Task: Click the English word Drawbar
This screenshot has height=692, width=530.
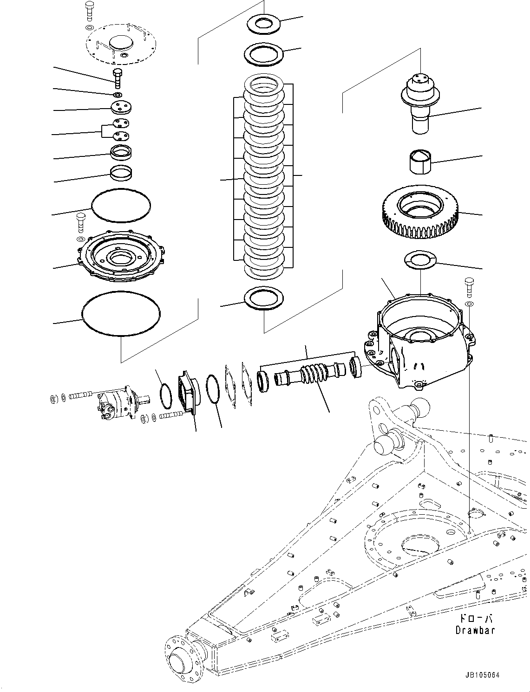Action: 475,630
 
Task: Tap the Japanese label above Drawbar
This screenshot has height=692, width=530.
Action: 475,619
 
